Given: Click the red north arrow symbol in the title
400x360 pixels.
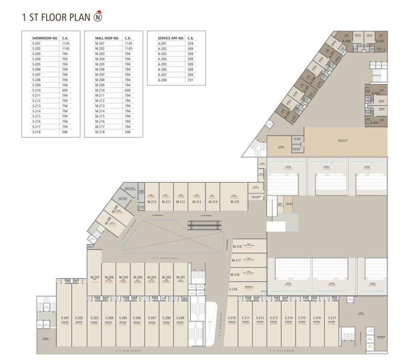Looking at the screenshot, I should coord(98,17).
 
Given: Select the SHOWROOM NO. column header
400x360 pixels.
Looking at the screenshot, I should coord(45,38).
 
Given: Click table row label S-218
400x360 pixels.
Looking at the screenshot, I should coord(37,132).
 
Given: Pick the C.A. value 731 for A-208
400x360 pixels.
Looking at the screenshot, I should coord(190,80).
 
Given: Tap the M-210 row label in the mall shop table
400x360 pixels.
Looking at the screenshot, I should coord(100,90).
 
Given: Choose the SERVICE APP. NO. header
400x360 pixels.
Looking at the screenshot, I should coord(170,38).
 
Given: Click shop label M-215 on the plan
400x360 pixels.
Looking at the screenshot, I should coord(235,202).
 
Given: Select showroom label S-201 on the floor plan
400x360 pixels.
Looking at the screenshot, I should coord(65,318).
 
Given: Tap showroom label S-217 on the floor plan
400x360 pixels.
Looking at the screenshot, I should coord(332,318).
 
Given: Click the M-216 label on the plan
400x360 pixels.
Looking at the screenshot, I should coord(237,247).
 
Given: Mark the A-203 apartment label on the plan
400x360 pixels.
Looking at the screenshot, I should coord(374,122).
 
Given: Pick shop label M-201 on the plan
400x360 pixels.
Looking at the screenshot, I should coord(181,277).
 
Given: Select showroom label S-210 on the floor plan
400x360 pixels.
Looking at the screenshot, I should coord(232,318).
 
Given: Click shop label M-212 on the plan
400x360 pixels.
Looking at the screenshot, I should coord(181,202).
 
